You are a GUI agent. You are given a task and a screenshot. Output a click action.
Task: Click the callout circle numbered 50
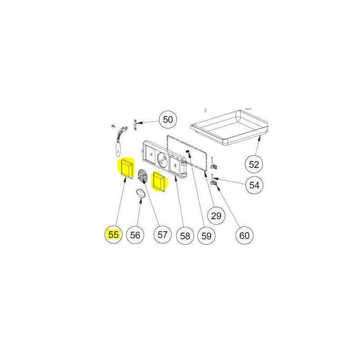pos(168,120)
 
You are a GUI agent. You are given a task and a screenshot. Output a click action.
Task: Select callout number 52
pos(254,164)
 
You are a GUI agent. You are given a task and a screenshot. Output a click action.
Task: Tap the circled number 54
pos(254,185)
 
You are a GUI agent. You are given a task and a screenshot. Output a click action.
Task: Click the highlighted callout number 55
pos(113,234)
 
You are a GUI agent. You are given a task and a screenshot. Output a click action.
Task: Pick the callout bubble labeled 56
pos(135,235)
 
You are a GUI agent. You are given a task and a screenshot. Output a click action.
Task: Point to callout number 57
pos(162,234)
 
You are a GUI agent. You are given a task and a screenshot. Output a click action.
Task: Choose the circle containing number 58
pos(185,236)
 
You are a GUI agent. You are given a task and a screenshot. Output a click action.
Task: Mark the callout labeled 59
pos(206,236)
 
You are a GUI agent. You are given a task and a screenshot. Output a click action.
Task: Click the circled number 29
pos(216,216)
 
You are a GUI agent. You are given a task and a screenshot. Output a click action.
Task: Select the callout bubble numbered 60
pos(244,235)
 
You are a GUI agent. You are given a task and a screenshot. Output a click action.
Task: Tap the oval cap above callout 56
pos(141,193)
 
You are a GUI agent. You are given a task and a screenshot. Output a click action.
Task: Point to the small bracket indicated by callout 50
pos(135,125)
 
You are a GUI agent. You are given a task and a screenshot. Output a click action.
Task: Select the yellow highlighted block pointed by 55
pos(126,168)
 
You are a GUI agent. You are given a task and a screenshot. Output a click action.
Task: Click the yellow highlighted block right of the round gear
pos(160,182)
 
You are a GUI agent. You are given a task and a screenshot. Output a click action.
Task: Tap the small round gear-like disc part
pos(143,176)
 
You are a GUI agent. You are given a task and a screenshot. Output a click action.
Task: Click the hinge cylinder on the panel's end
pos(184,168)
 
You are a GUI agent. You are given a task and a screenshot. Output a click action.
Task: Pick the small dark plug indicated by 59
pos(187,151)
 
